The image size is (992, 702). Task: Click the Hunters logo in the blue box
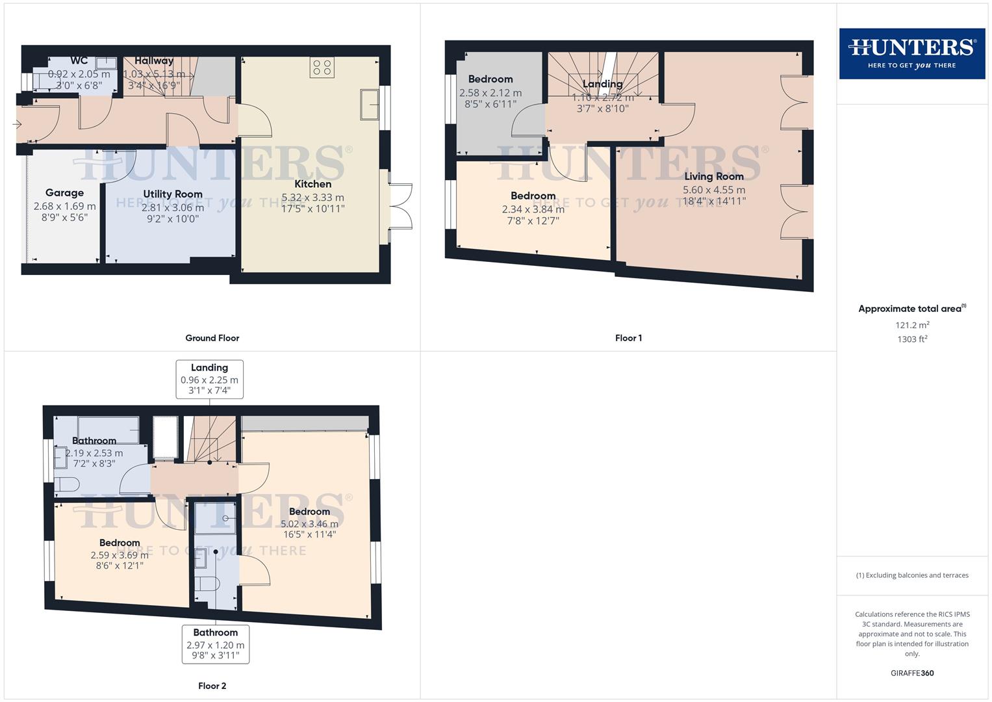pos(911,53)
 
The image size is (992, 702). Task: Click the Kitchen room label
pos(312,184)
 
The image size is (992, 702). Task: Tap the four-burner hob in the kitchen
pos(322,67)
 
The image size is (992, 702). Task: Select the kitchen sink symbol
pos(370,105)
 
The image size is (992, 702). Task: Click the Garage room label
pos(64,193)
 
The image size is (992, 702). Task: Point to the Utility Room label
pos(173,194)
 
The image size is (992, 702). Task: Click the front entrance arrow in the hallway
pos(17,124)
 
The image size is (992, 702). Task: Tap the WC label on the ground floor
pos(79,61)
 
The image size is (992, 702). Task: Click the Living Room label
pos(713,176)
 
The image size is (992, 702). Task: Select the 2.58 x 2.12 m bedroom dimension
pos(490,93)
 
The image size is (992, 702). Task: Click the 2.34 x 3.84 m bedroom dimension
pos(533,209)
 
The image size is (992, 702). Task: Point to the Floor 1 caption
pos(628,338)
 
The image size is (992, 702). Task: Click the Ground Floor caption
pos(212,338)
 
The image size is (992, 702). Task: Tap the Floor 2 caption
pos(212,686)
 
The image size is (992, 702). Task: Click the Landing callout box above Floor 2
pos(209,379)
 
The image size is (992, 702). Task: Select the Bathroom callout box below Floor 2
pos(216,643)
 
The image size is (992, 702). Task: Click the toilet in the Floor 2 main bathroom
pos(67,484)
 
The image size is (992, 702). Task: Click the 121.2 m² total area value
pos(912,325)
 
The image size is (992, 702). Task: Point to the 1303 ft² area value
pos(912,339)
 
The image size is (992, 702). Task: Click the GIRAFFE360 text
pos(912,673)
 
